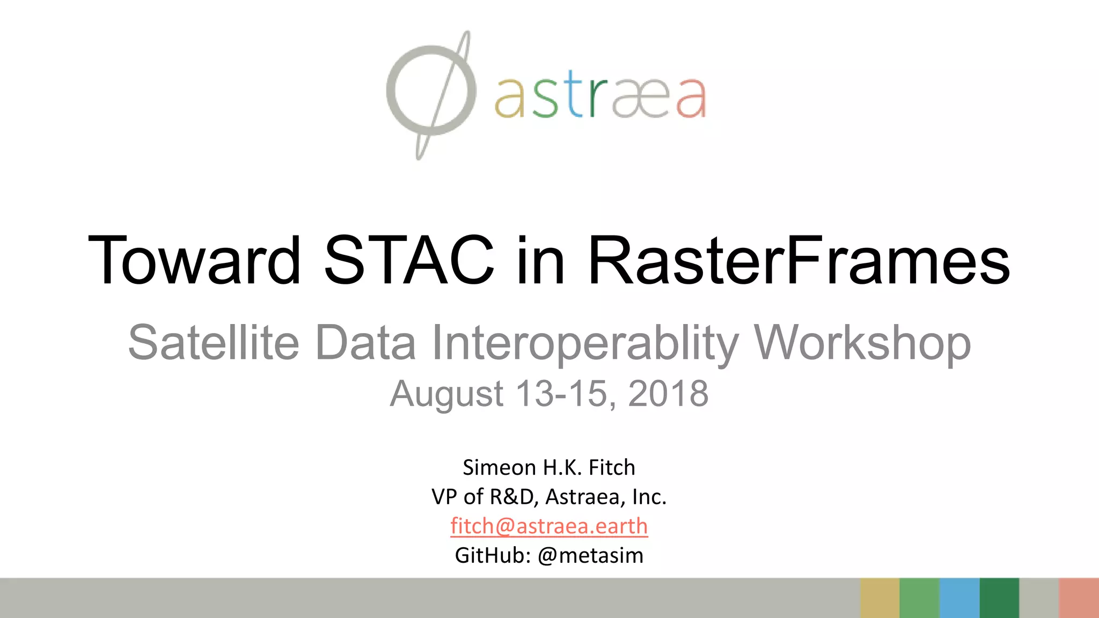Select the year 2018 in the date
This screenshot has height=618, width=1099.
(668, 393)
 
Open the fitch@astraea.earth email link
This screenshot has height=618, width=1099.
(549, 526)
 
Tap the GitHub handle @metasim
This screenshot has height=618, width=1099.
(590, 555)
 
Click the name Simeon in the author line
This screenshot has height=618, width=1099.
(499, 467)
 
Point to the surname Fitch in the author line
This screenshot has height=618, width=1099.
(612, 467)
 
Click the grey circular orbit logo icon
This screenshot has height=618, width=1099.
(431, 91)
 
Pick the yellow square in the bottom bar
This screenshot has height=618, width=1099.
(880, 598)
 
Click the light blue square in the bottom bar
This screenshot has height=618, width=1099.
(959, 598)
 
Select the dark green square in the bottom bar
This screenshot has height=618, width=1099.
(999, 598)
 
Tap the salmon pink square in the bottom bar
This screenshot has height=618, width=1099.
(1079, 598)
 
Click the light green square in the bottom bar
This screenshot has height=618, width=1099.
(920, 598)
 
